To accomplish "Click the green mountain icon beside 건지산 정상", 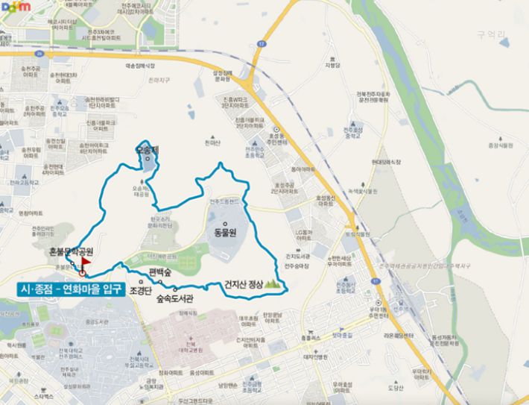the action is (x=274, y=284).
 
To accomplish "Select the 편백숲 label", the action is (x=160, y=273).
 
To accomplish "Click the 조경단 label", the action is (x=140, y=289).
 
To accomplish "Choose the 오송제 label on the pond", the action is (x=147, y=150).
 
